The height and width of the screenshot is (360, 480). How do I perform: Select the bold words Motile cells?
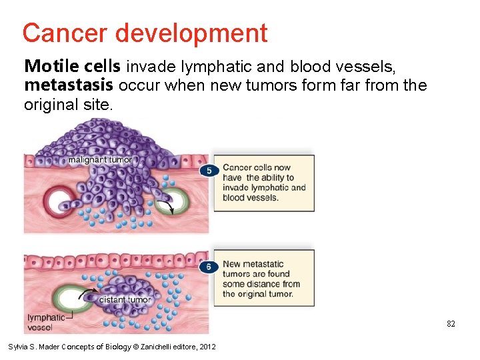[73, 66]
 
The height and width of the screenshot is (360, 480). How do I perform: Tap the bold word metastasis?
[69, 85]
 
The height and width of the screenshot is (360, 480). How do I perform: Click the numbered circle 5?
[209, 171]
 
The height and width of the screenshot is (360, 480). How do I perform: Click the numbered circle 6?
[209, 267]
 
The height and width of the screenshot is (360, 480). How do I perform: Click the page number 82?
[451, 324]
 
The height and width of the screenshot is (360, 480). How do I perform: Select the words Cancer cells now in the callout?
[257, 168]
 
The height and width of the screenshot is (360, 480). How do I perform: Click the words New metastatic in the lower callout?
[253, 264]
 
